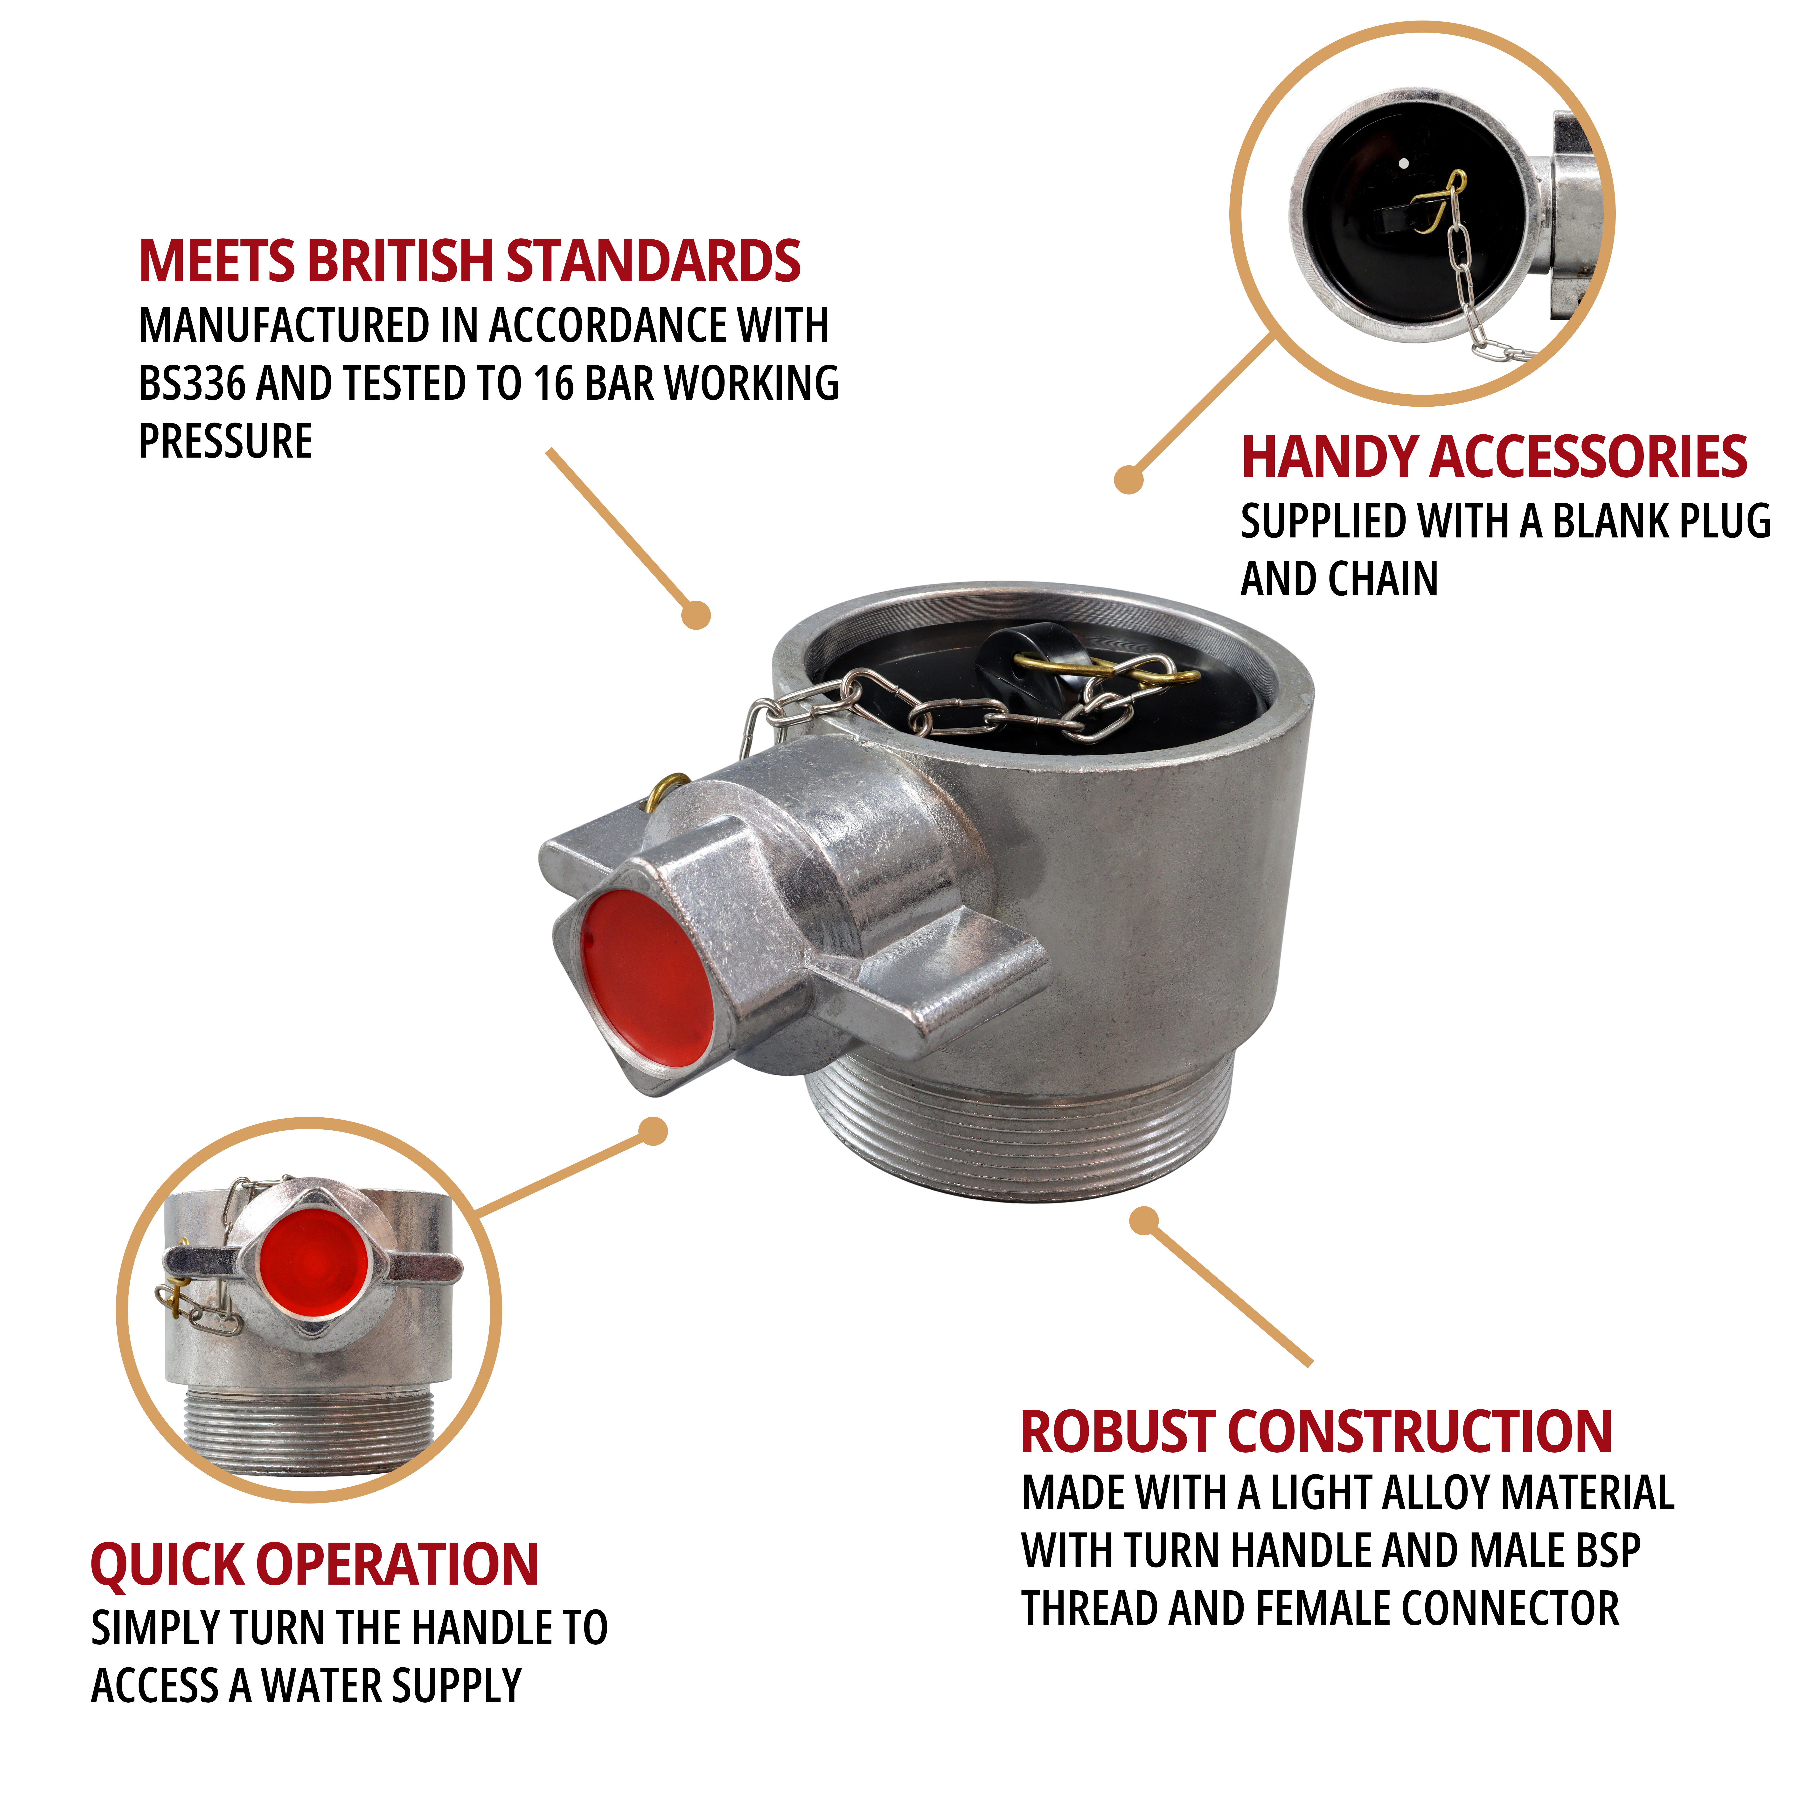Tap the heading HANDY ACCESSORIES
[1494, 457]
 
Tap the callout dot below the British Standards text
[696, 615]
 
